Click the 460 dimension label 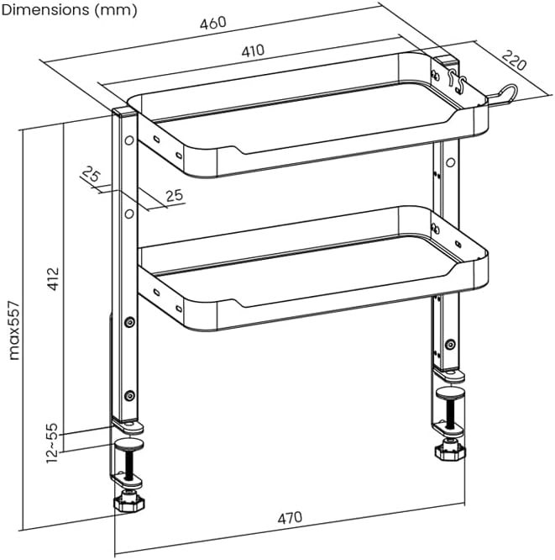[213, 23]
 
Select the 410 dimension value [253, 50]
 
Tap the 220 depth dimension [514, 61]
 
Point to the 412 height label [53, 278]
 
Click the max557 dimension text [14, 330]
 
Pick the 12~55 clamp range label [52, 443]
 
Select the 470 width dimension [290, 517]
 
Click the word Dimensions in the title [45, 9]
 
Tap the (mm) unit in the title [116, 10]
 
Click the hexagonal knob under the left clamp [128, 502]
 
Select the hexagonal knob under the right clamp [450, 451]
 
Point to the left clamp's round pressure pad [129, 445]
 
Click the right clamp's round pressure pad [451, 394]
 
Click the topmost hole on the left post [129, 140]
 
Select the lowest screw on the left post [129, 395]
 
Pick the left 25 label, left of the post [92, 174]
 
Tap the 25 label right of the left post [175, 195]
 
